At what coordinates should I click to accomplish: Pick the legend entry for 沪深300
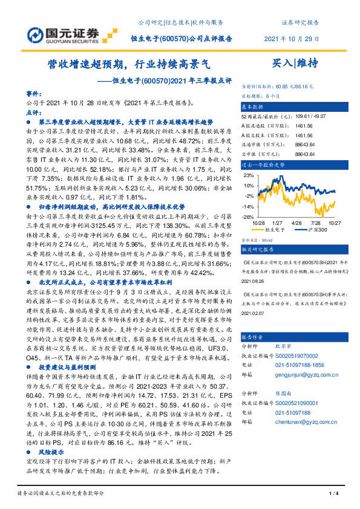click(313, 230)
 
